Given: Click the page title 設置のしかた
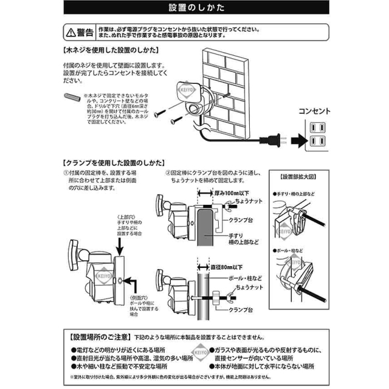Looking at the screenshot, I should (x=194, y=9).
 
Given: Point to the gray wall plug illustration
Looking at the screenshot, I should (x=72, y=97).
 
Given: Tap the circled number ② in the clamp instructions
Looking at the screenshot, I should (x=168, y=173).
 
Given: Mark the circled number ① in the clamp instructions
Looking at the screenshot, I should (x=66, y=173).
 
